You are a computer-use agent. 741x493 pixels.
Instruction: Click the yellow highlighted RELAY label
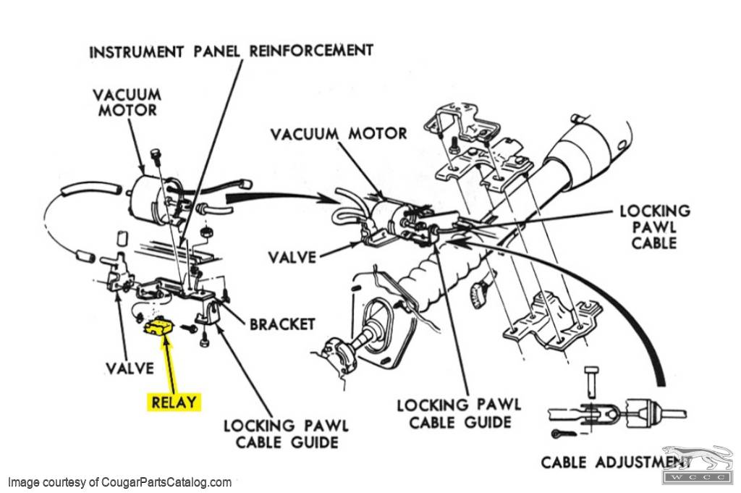pyautogui.click(x=174, y=401)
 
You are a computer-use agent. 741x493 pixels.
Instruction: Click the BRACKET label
pyautogui.click(x=282, y=323)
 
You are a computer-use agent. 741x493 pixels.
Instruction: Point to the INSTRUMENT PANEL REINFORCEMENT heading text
pyautogui.click(x=231, y=51)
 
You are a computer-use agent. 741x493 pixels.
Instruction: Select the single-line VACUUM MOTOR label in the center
pyautogui.click(x=339, y=134)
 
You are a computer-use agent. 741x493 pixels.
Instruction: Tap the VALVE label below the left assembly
pyautogui.click(x=130, y=368)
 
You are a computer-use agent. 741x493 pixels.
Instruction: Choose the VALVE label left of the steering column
pyautogui.click(x=293, y=257)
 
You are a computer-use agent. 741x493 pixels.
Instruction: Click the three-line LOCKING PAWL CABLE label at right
pyautogui.click(x=654, y=227)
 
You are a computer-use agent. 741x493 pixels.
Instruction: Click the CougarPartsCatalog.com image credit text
pyautogui.click(x=119, y=481)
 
